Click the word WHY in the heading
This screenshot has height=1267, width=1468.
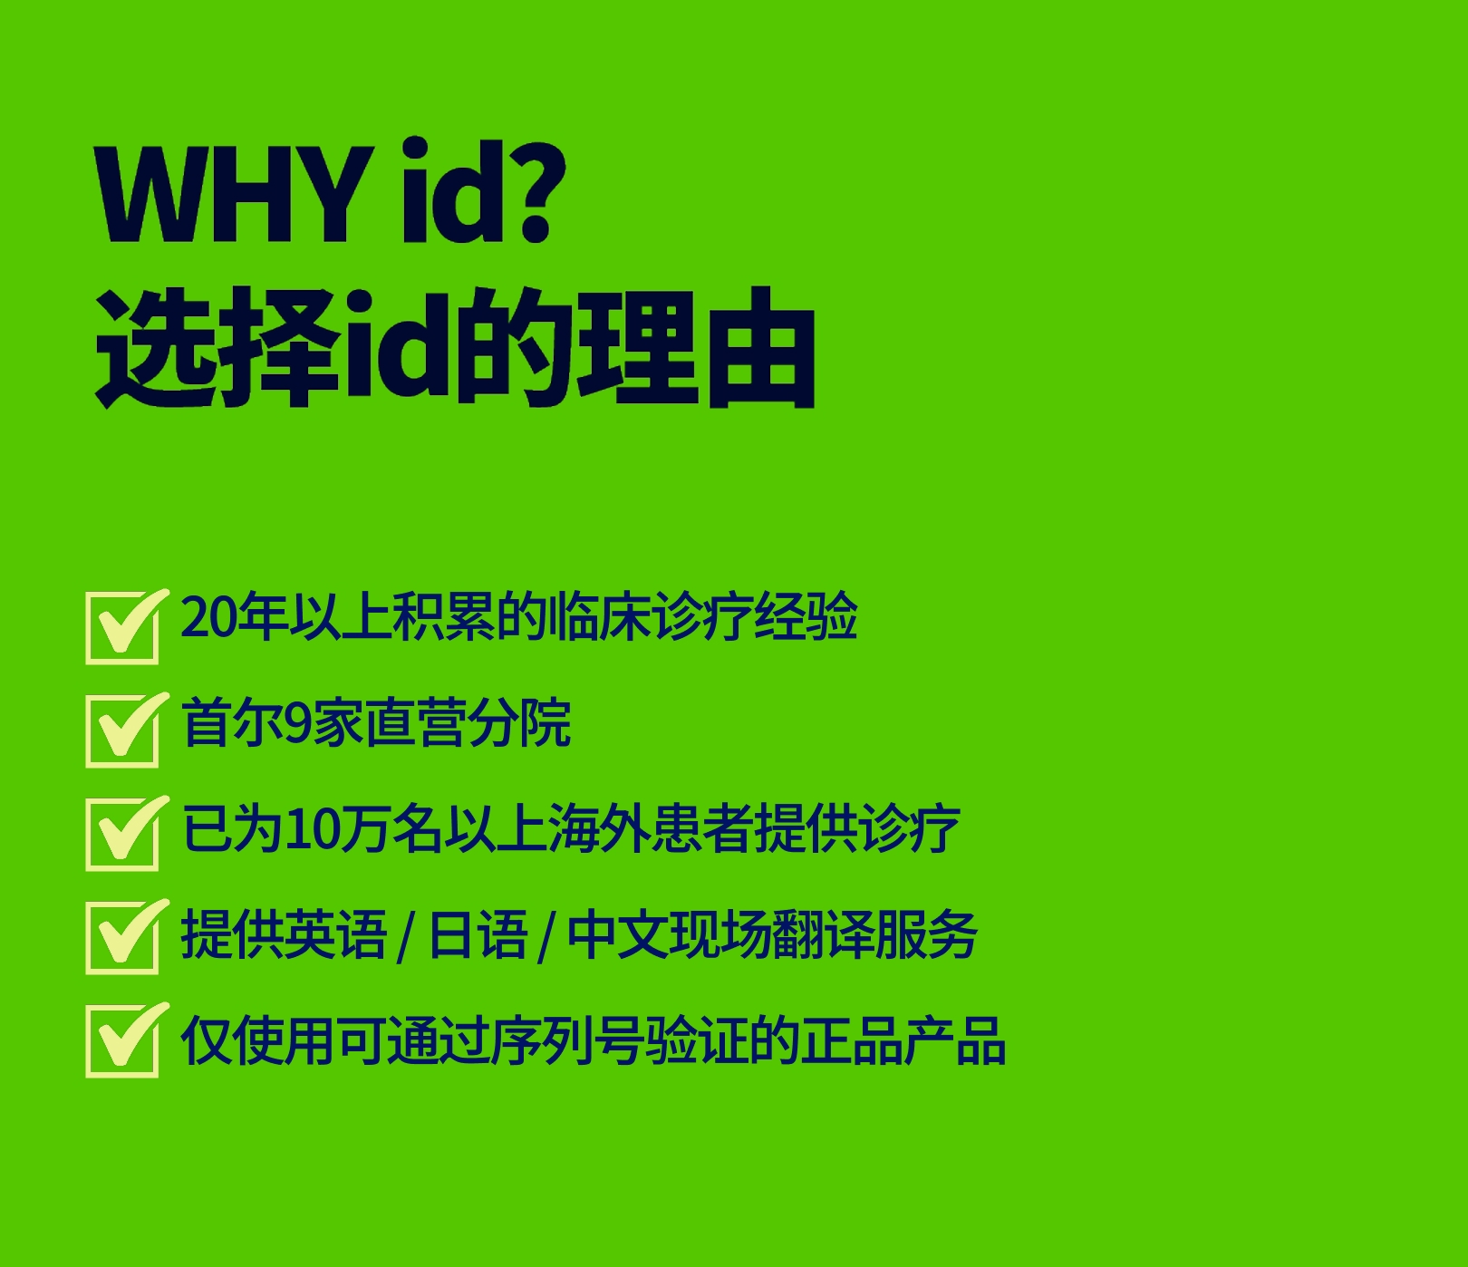235,192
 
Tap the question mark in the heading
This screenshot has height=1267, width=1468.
541,190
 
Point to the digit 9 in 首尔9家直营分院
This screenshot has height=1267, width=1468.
298,723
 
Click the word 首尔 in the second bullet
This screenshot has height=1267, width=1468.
233,723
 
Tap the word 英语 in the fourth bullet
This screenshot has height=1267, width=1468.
336,934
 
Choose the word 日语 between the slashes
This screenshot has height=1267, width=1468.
478,934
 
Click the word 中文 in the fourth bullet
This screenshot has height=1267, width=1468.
618,934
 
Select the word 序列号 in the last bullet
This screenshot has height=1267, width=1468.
566,1040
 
